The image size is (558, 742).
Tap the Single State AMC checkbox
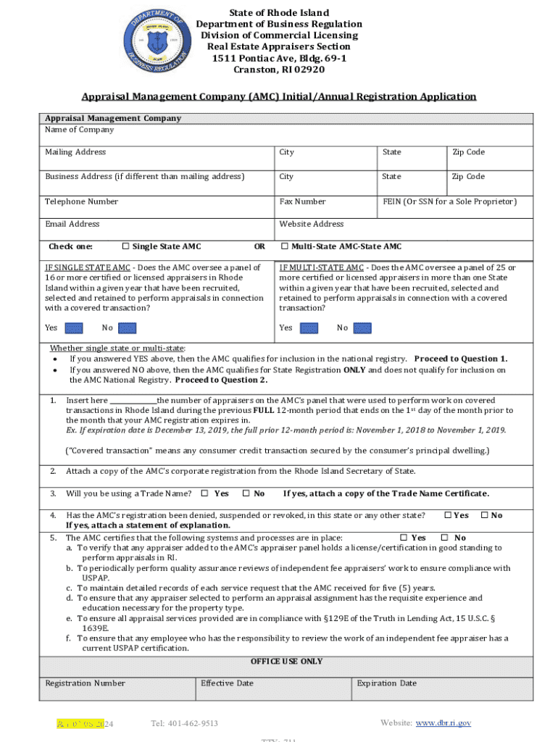[x=125, y=246]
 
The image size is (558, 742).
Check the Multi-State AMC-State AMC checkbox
[x=285, y=246]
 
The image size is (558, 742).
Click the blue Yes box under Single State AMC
[x=74, y=328]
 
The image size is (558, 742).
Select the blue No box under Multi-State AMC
[x=362, y=328]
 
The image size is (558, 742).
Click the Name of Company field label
[x=79, y=130]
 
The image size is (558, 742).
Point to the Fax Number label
[x=302, y=201]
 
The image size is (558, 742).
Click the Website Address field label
[x=311, y=224]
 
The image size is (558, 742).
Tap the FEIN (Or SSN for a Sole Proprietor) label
[x=449, y=201]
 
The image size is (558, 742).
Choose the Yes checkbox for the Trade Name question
[x=204, y=493]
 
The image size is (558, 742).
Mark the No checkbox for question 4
[x=485, y=515]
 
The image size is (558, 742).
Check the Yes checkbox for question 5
[x=404, y=538]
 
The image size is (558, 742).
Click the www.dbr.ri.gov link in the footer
[x=443, y=723]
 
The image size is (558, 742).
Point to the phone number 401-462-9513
[x=184, y=724]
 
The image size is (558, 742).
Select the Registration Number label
[x=85, y=683]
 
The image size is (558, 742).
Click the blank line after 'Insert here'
[x=133, y=401]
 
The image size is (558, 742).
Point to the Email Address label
[x=72, y=224]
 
